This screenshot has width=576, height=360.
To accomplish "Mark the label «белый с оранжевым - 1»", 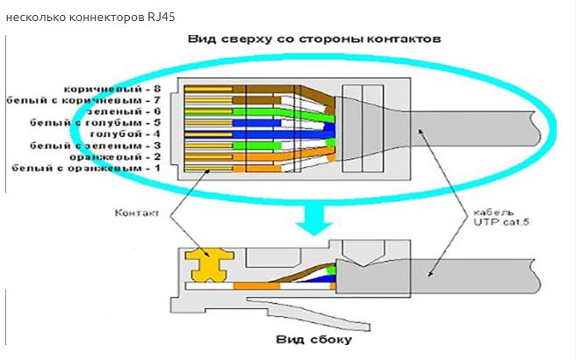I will click(90, 167).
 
